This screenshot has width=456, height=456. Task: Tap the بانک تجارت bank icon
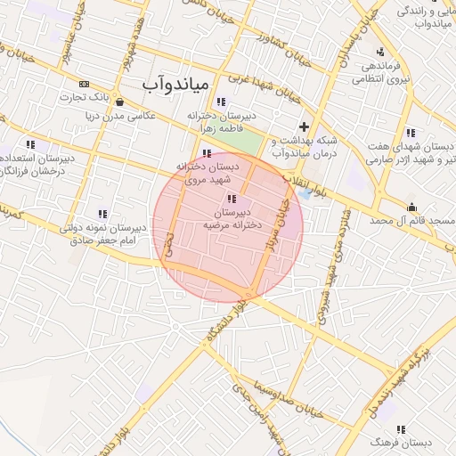click(85, 84)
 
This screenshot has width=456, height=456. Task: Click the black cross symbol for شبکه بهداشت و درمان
click(305, 126)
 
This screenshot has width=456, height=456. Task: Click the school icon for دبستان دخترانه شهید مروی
click(208, 153)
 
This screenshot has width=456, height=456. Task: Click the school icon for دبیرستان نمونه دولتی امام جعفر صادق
click(102, 214)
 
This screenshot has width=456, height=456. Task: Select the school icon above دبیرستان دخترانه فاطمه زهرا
click(221, 102)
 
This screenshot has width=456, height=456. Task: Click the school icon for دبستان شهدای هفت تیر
click(411, 133)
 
